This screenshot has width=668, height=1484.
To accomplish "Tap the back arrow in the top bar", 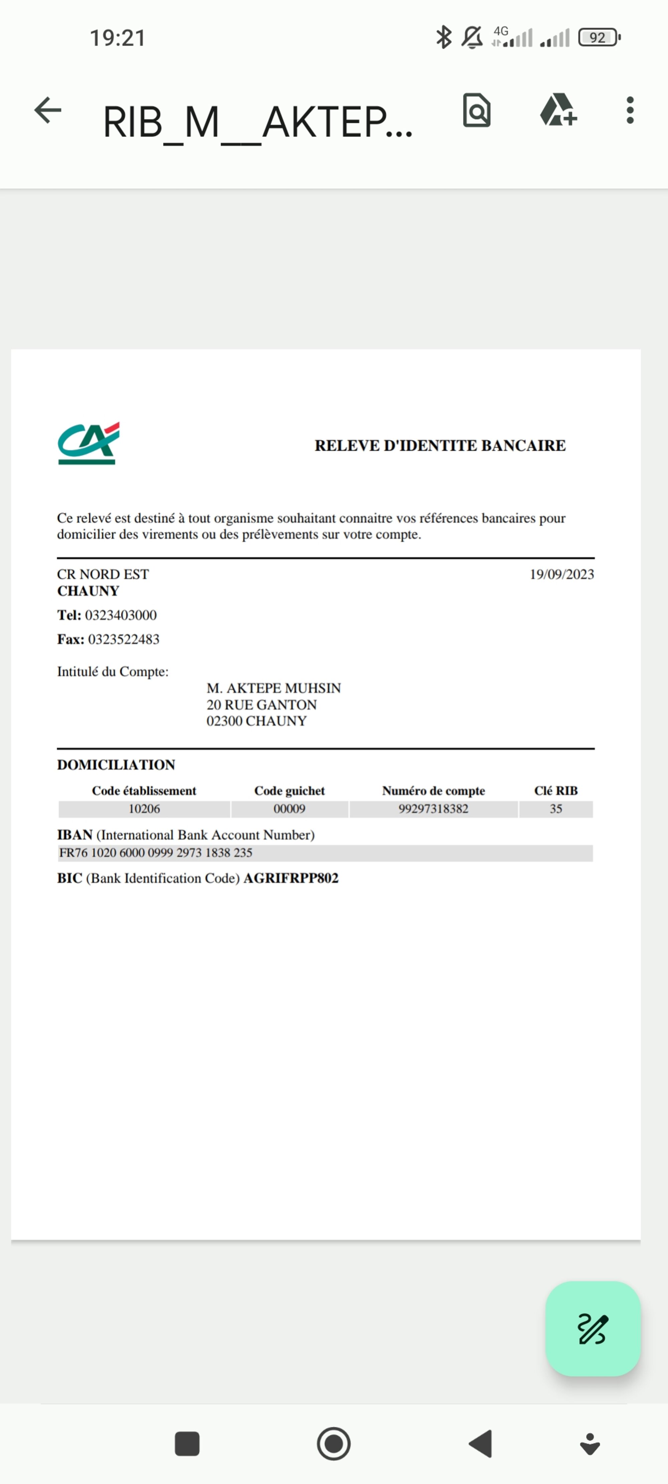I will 48,110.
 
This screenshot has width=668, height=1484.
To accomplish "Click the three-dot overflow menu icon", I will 630,110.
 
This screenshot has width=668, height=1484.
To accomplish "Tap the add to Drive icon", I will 557,110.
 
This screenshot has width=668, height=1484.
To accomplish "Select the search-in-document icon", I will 477,110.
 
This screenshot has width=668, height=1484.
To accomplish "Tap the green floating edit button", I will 593,1328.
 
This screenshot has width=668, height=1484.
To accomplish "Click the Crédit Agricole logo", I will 88,443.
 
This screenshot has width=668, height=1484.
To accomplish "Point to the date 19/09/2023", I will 561,574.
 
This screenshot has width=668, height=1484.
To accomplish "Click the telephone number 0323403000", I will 121,615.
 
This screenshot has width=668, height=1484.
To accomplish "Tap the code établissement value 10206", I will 144,809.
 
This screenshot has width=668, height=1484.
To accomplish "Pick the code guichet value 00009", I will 289,809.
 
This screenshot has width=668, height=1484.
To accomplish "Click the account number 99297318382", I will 434,809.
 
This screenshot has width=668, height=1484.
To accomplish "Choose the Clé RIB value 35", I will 556,809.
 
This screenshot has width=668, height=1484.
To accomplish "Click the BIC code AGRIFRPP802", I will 291,879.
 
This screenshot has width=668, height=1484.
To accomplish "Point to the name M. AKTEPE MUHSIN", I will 274,689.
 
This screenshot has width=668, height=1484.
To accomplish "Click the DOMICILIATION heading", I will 116,765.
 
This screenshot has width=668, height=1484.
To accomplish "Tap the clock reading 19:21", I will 118,38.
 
